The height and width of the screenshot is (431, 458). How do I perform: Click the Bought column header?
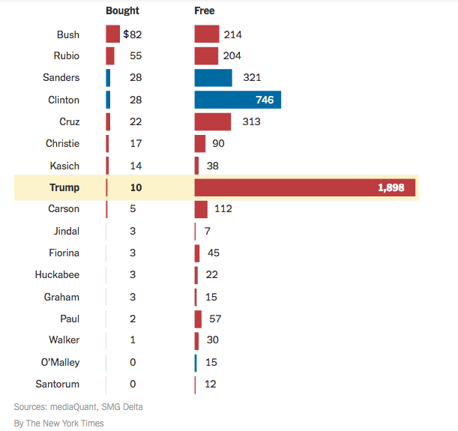click(x=122, y=11)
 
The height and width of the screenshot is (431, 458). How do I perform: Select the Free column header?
click(x=204, y=11)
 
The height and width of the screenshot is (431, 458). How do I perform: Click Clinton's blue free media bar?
click(x=237, y=100)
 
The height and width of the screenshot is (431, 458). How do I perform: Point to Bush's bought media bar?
click(x=112, y=34)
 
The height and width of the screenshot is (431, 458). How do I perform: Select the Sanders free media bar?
click(x=213, y=78)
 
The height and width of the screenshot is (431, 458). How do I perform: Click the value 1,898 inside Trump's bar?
click(x=391, y=187)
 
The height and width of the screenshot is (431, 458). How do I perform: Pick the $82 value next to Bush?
click(x=133, y=34)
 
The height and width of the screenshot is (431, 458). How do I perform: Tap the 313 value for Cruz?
click(x=251, y=121)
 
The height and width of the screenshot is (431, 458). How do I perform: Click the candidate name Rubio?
click(x=67, y=56)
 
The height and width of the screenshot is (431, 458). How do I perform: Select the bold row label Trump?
click(x=64, y=187)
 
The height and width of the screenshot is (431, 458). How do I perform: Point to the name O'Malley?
click(x=60, y=363)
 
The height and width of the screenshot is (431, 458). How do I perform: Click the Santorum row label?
click(x=58, y=385)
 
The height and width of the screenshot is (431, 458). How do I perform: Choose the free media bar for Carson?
click(x=201, y=209)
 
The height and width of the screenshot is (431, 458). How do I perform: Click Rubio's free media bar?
click(x=206, y=56)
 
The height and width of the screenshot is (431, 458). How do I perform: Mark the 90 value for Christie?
click(x=219, y=143)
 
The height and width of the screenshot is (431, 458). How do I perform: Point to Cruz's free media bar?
click(x=212, y=121)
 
